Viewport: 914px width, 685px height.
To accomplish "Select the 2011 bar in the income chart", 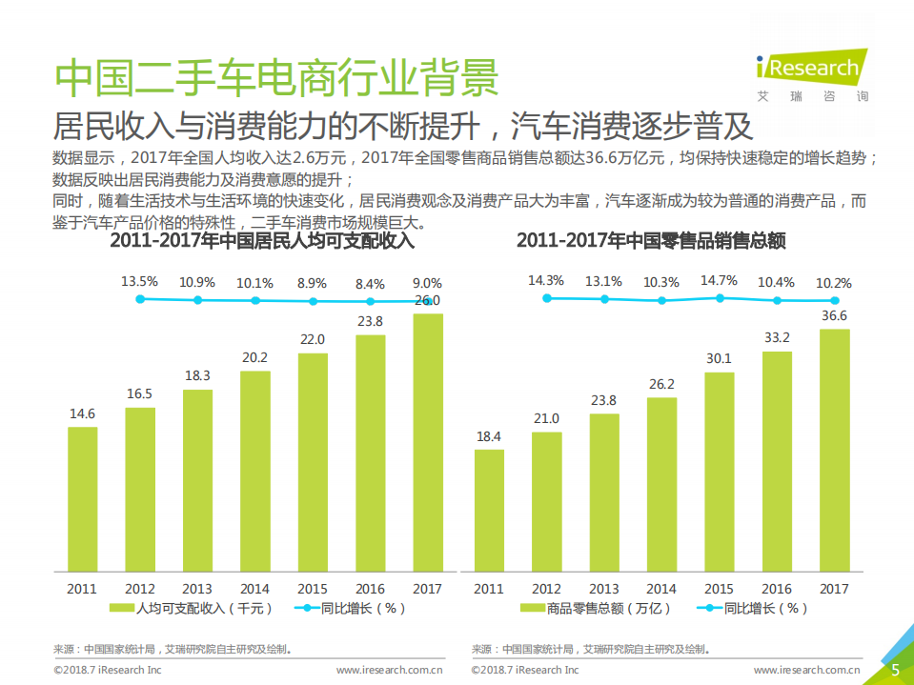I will (x=83, y=498).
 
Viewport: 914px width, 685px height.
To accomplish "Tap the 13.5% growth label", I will (x=140, y=282).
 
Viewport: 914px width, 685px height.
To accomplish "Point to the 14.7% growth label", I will (x=719, y=281).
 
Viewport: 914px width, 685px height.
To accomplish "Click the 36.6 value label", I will (x=834, y=315).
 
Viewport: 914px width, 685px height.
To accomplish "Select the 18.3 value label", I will (x=197, y=375).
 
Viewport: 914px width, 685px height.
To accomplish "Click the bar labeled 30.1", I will (x=719, y=472).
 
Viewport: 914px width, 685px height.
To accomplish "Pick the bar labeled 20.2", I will (x=254, y=471).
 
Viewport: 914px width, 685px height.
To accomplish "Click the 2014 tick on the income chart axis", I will (x=254, y=589).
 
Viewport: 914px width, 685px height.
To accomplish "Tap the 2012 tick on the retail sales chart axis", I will (x=546, y=589).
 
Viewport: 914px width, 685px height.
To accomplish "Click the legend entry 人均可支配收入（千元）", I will (x=192, y=608).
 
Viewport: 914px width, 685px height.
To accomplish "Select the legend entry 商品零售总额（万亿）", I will (x=598, y=608).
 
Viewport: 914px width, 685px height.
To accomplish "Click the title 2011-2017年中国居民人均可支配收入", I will (x=262, y=241).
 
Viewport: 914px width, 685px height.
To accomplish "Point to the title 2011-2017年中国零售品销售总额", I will (x=651, y=241).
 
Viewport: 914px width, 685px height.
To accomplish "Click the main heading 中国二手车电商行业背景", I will (x=276, y=78).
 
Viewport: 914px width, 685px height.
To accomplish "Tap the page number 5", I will (x=895, y=670).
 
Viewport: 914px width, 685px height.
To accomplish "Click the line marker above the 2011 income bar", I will (x=140, y=299).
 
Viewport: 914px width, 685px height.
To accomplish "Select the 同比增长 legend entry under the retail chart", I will (x=752, y=608).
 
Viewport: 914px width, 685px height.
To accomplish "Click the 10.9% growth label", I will (x=197, y=282).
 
